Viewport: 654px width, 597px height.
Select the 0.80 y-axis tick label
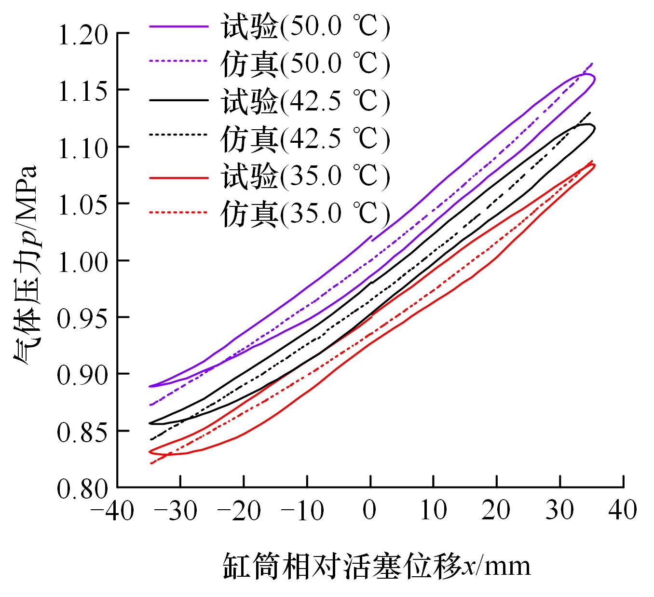click(x=82, y=488)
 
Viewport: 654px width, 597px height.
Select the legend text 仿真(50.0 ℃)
click(x=305, y=64)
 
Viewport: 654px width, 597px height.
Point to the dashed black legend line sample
click(x=179, y=137)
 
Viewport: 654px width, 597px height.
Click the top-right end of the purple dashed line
click(x=592, y=63)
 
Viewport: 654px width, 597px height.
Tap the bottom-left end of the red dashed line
click(x=151, y=463)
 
